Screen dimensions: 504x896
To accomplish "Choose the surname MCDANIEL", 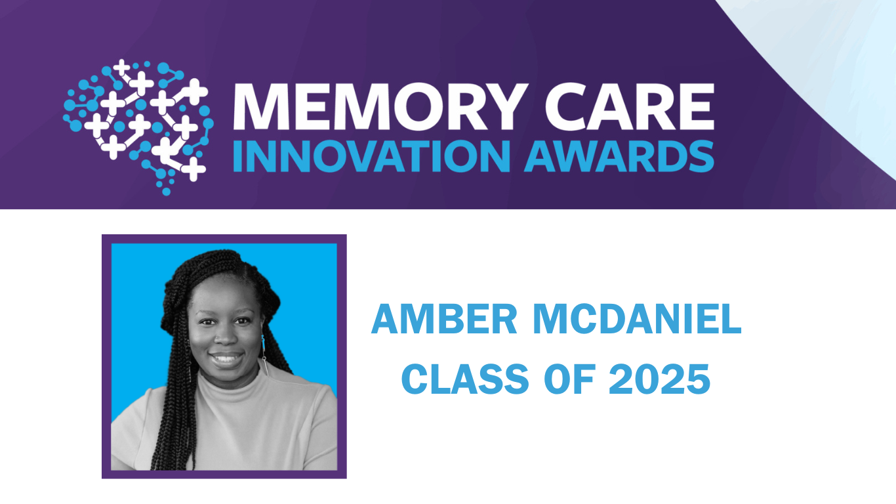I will (637, 320).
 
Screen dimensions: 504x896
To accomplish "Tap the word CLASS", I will (457, 379).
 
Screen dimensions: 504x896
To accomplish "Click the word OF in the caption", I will (565, 379).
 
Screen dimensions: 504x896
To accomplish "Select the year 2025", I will (659, 379).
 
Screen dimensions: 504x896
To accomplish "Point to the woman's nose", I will (222, 337).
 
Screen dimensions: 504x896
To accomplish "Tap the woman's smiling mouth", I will (226, 360).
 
